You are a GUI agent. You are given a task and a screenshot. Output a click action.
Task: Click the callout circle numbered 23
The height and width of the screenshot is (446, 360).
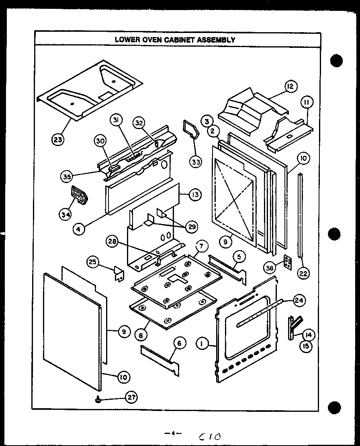(x=58, y=139)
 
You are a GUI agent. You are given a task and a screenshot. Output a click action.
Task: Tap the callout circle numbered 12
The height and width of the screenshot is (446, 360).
(x=290, y=86)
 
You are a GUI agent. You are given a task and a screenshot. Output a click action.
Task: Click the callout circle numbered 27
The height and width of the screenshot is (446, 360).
(x=131, y=397)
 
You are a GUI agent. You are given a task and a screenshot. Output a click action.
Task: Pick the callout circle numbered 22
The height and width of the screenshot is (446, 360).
(x=303, y=273)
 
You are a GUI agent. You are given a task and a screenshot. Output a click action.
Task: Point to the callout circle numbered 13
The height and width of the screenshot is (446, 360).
(x=195, y=195)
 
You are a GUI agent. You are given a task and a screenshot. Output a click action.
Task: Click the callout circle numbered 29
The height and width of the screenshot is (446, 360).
(x=192, y=227)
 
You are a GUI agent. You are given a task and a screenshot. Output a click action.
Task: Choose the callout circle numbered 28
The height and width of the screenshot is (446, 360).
(x=112, y=241)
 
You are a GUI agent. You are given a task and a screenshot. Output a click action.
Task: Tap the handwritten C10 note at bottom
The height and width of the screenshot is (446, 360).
(x=210, y=436)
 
